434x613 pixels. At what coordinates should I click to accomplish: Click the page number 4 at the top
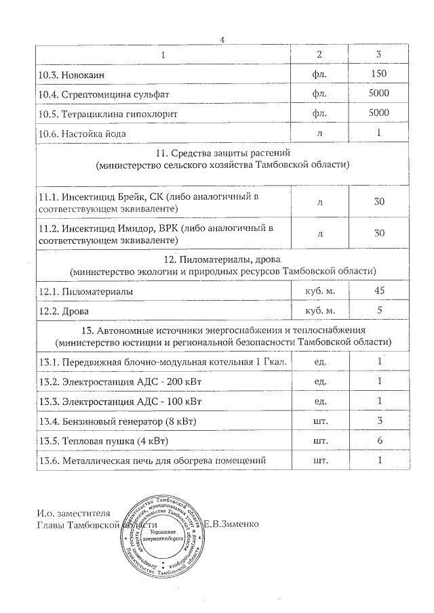coord(222,39)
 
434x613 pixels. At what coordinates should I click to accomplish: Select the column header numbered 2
coord(320,54)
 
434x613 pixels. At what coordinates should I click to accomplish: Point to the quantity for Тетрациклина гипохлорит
coord(379,112)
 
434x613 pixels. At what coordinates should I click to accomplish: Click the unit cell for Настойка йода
coord(320,133)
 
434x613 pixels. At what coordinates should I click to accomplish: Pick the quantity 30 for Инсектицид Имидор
coord(379,233)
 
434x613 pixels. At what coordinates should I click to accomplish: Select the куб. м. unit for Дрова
coord(320,311)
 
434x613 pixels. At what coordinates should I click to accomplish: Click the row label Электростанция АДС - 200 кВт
coord(120,382)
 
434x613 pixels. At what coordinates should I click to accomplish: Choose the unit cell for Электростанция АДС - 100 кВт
coord(320,402)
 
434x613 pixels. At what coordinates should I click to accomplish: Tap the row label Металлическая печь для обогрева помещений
coord(151,461)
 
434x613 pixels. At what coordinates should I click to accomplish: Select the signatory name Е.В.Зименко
coord(231,525)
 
